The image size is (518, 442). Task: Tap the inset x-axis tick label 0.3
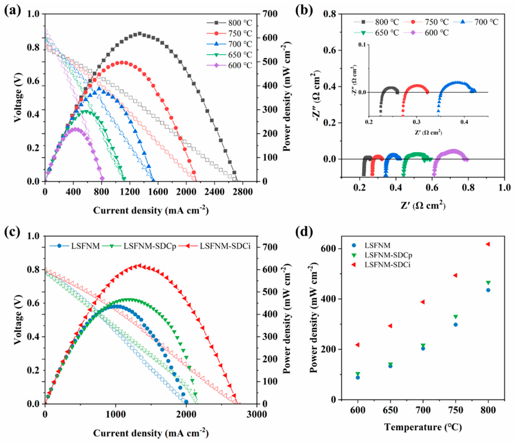click(x=417, y=122)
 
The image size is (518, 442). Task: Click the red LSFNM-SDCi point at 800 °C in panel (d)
click(x=488, y=244)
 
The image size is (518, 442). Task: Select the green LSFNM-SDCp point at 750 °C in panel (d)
click(x=455, y=317)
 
